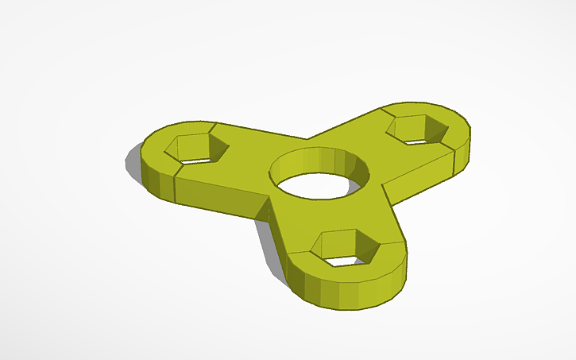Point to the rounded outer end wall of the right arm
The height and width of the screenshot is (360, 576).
[462, 156]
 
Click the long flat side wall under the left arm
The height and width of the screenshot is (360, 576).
[218, 199]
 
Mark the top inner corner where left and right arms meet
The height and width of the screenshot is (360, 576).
[307, 137]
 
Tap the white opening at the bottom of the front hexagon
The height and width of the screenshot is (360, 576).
[344, 259]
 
